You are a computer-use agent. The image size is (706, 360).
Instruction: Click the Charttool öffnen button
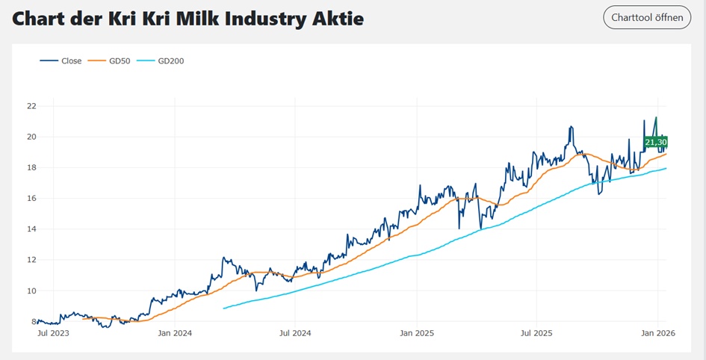point(647,17)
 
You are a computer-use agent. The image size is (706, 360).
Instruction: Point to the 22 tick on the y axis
point(31,106)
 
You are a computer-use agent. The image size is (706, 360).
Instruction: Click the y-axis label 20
point(31,137)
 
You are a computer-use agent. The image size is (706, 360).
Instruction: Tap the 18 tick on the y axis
point(31,167)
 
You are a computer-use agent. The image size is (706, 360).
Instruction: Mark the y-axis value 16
point(31,199)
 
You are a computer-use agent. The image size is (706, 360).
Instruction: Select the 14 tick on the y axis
point(31,229)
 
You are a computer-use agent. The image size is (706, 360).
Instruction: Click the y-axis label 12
point(31,260)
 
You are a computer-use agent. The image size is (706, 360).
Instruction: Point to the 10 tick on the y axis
point(31,291)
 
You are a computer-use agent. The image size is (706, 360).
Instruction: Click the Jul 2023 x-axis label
point(53,333)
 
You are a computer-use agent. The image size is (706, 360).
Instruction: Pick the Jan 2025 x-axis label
point(417,333)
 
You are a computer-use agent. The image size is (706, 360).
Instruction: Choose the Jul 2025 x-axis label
point(536,333)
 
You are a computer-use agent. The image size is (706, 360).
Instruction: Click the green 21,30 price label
point(655,142)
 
